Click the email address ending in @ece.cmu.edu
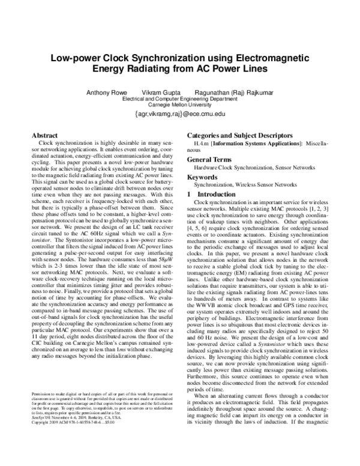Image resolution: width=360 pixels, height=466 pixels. tap(180, 113)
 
